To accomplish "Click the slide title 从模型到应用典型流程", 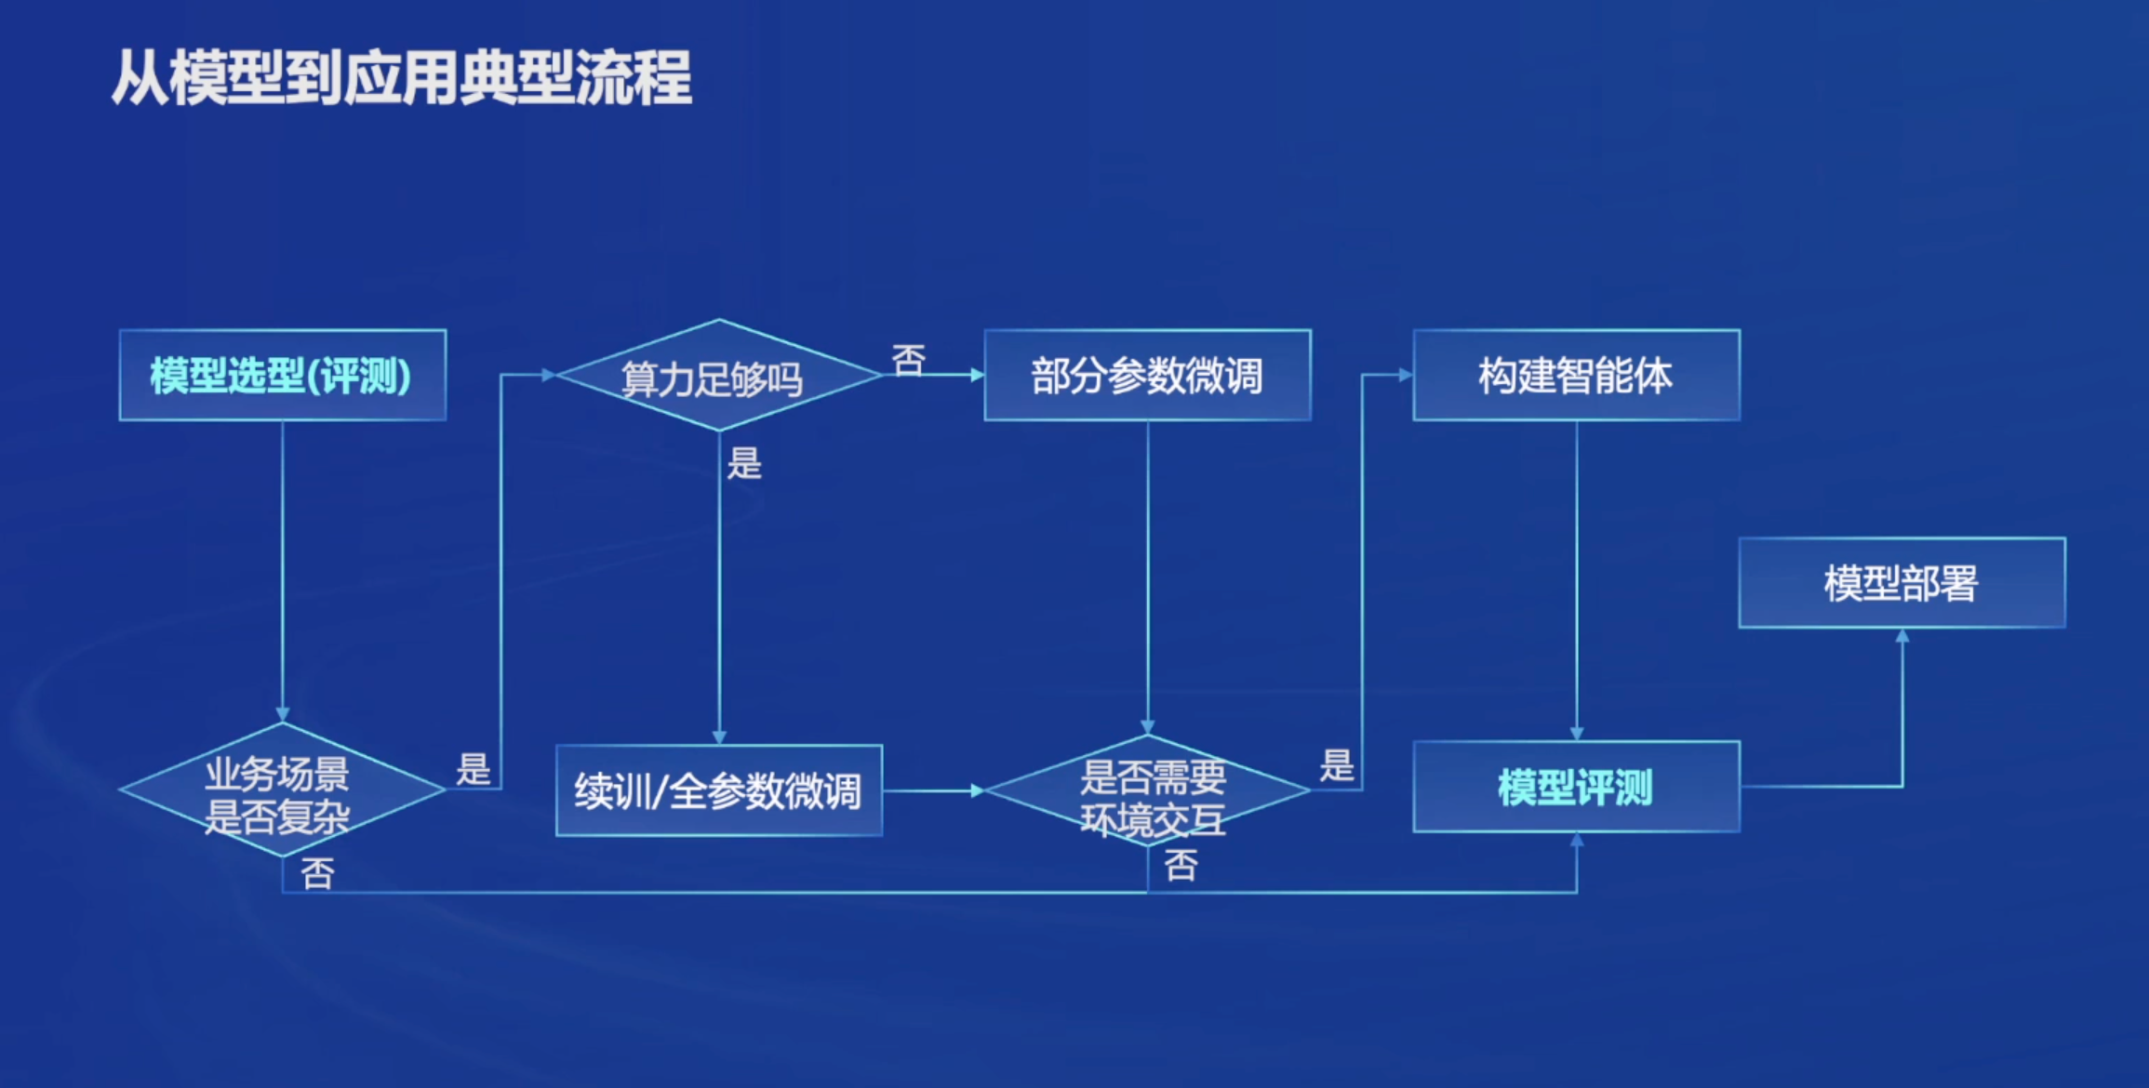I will pyautogui.click(x=402, y=78).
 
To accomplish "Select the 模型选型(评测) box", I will pyautogui.click(x=282, y=376).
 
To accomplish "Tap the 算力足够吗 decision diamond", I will pyautogui.click(x=717, y=376).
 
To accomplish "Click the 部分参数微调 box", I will pyautogui.click(x=1147, y=376).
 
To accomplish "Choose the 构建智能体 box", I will pyautogui.click(x=1576, y=376).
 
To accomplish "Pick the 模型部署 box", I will pyautogui.click(x=1902, y=583).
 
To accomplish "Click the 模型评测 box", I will pyautogui.click(x=1576, y=787).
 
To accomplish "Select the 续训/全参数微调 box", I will pyautogui.click(x=718, y=790).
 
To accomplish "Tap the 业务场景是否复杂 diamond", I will pyautogui.click(x=281, y=790).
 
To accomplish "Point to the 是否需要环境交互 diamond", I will pyautogui.click(x=1148, y=791).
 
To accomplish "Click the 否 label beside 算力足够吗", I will pyautogui.click(x=909, y=359).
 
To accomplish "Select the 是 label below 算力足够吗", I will pyautogui.click(x=744, y=462).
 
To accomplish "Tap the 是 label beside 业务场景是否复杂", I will pyautogui.click(x=474, y=769).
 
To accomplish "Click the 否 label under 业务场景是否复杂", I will pyautogui.click(x=317, y=872).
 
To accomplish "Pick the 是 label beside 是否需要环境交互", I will pyautogui.click(x=1337, y=765).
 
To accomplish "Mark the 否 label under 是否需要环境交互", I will pyautogui.click(x=1181, y=865).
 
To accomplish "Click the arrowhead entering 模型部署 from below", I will pyautogui.click(x=1902, y=636).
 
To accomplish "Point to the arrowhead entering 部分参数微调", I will pyautogui.click(x=978, y=375).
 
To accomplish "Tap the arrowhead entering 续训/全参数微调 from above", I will pyautogui.click(x=719, y=737).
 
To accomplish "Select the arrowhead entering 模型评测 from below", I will pyautogui.click(x=1577, y=839).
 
